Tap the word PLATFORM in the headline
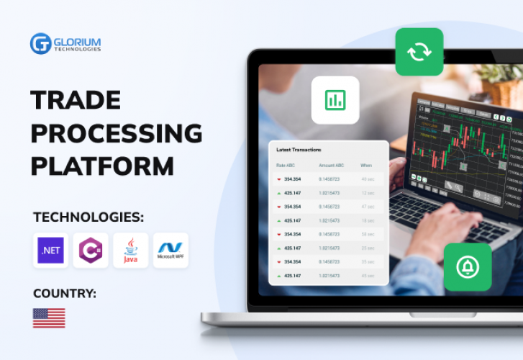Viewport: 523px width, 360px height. (x=103, y=166)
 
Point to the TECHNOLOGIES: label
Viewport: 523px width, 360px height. (x=88, y=217)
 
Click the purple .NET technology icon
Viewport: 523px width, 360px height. (x=50, y=251)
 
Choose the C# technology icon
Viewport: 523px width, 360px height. (x=91, y=251)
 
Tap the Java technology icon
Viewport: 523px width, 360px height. (x=130, y=251)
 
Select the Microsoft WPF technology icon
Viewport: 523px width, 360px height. (x=170, y=251)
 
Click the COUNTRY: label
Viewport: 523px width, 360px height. (x=65, y=293)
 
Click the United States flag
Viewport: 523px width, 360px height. (x=49, y=318)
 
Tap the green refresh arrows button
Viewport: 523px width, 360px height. (x=419, y=52)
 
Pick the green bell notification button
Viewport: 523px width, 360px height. (x=468, y=267)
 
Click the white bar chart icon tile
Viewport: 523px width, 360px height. (x=335, y=100)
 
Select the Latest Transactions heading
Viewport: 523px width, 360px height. (x=299, y=150)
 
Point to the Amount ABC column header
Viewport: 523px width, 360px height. (x=332, y=166)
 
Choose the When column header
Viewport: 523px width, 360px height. (x=366, y=166)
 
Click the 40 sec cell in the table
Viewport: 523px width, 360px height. (x=368, y=179)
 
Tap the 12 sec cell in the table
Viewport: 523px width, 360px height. (x=368, y=193)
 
